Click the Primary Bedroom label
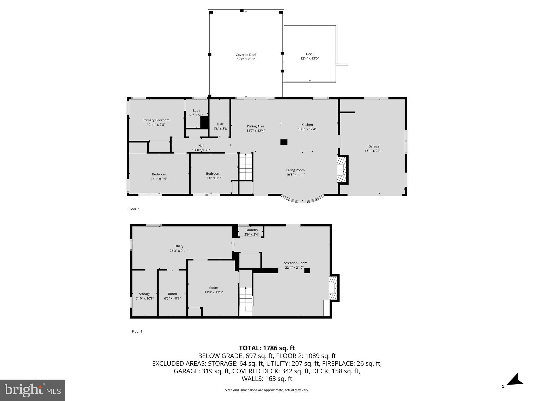click(156, 120)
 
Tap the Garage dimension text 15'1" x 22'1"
click(374, 151)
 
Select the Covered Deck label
click(246, 55)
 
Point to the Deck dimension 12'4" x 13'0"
click(310, 58)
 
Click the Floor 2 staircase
click(246, 167)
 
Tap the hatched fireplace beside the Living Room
click(342, 169)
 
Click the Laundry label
click(251, 230)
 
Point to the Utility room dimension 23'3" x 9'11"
click(179, 251)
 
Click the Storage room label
click(144, 294)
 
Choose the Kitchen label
click(307, 125)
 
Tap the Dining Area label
click(256, 126)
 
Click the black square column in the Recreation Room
click(307, 271)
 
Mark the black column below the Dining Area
click(284, 142)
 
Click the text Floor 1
click(137, 331)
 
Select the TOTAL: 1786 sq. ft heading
click(267, 348)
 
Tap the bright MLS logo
click(33, 390)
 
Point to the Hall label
click(201, 146)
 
